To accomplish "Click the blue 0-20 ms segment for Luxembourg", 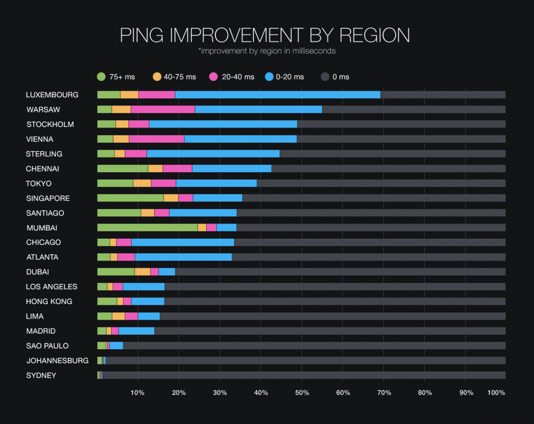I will point(278,95).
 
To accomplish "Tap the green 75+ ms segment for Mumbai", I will point(147,227).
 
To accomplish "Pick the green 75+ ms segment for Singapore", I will point(130,198).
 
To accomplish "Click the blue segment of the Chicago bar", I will point(183,242).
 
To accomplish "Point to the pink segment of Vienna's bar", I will point(156,139).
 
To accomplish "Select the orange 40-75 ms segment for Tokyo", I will point(142,183).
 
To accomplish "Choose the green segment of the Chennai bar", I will point(123,168).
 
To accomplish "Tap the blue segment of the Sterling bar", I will point(213,154).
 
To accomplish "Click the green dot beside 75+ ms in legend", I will point(101,77).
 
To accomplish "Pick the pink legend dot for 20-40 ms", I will point(213,77).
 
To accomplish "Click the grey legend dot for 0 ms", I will point(325,77).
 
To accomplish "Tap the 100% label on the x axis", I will point(496,393).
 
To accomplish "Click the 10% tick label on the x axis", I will point(137,393).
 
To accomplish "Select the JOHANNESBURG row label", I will point(57,361).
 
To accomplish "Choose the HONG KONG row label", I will point(49,302).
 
